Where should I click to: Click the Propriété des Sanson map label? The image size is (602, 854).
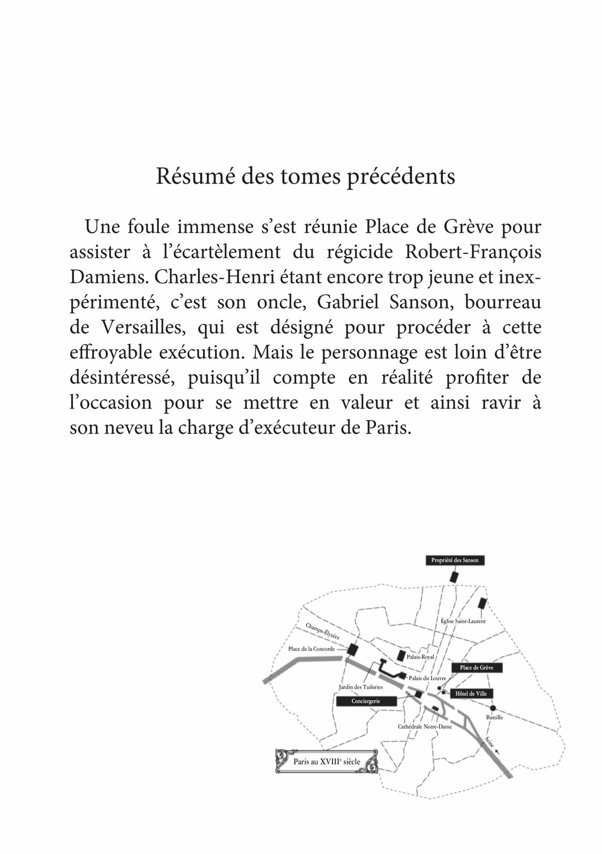click(455, 561)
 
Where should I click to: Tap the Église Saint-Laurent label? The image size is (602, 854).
click(463, 621)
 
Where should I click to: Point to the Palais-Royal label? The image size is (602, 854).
click(420, 657)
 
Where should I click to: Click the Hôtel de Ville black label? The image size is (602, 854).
click(471, 694)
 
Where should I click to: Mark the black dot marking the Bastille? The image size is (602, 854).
click(493, 708)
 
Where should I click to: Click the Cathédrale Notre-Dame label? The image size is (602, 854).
click(425, 727)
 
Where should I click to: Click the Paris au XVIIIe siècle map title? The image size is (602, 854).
click(326, 762)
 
